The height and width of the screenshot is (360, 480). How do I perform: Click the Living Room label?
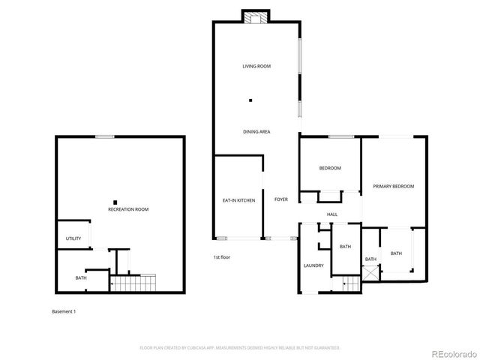tap(256, 67)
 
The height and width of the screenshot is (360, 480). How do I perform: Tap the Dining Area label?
tap(256, 132)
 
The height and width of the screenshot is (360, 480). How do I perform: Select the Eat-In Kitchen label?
tap(238, 200)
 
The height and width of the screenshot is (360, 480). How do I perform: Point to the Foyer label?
tap(281, 199)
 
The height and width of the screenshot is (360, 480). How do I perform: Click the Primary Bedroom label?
tap(394, 186)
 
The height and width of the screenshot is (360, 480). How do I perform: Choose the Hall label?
tap(331, 214)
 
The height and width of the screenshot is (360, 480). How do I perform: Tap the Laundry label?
tap(313, 265)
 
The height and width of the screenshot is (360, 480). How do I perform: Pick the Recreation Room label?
tap(128, 209)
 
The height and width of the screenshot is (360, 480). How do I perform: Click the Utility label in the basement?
tap(73, 238)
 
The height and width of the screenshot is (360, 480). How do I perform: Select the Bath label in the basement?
tap(80, 278)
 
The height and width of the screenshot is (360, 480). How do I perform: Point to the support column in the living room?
tap(251, 100)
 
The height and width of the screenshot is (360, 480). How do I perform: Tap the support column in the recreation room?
tap(115, 201)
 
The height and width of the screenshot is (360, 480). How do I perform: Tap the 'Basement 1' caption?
tap(64, 311)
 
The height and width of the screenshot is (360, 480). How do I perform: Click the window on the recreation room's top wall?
tap(105, 136)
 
